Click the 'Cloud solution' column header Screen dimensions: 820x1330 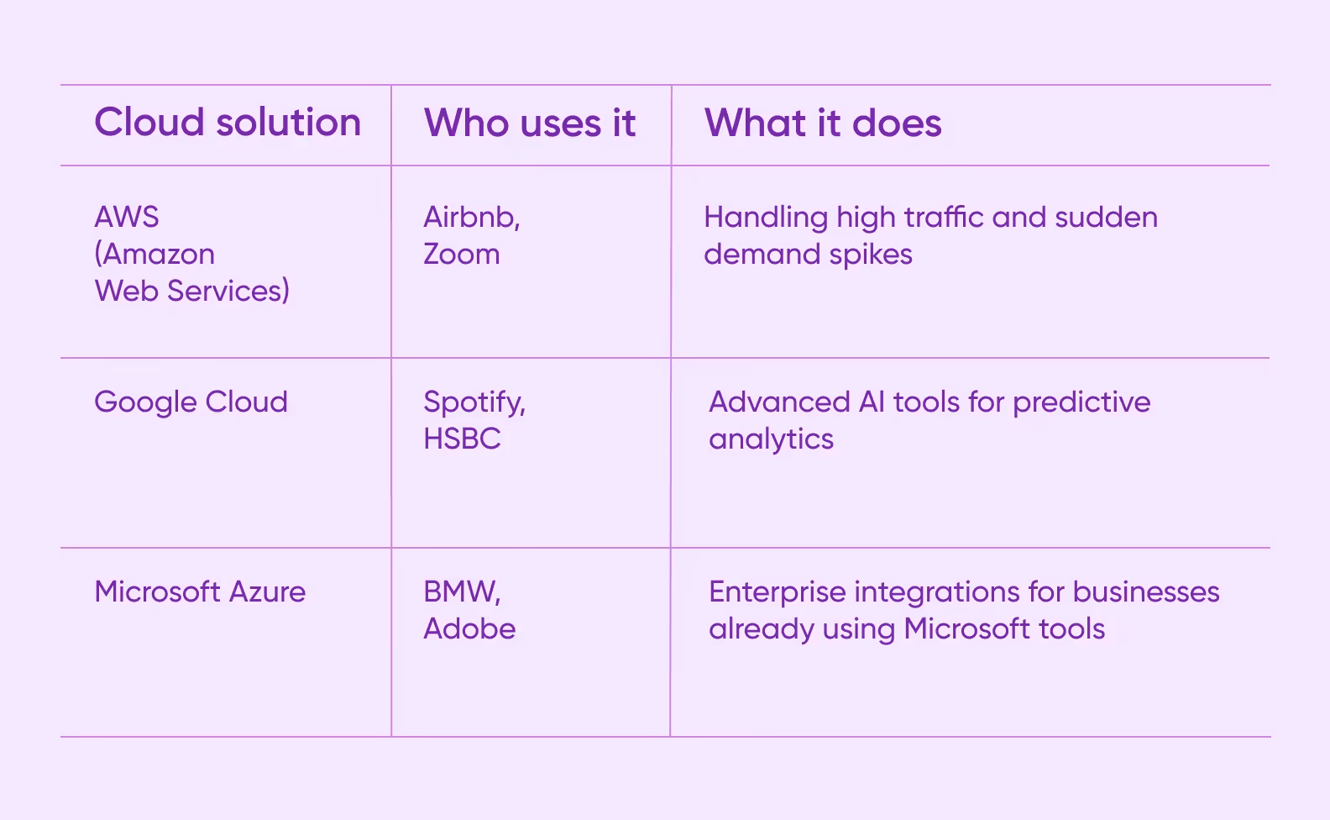pos(228,123)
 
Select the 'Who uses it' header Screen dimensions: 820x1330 pos(530,124)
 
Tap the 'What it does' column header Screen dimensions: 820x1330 pos(823,124)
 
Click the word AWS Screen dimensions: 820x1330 pos(127,217)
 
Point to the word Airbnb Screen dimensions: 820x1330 pos(470,217)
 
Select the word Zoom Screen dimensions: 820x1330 pos(461,254)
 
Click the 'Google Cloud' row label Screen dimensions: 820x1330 pos(191,402)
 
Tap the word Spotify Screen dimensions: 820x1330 pos(473,402)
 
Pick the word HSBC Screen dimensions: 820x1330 pos(462,439)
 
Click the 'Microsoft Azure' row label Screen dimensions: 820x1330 pos(200,591)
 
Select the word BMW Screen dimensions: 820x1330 pos(460,591)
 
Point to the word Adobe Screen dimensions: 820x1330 pos(469,628)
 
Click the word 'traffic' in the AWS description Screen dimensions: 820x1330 pos(943,217)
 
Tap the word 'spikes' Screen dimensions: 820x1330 pos(871,255)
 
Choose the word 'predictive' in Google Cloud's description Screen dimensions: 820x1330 pos(1081,402)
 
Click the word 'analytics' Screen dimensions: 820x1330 pos(771,439)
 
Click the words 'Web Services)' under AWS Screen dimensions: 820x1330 pos(192,291)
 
